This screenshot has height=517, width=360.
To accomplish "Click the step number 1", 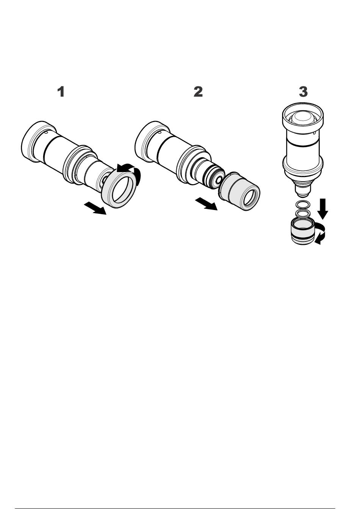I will click(61, 92).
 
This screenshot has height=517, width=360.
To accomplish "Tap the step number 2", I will click(198, 92).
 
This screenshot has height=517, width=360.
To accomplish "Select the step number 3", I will click(303, 92).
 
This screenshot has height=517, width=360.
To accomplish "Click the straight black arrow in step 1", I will click(95, 208).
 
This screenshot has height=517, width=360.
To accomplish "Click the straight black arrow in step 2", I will click(207, 204).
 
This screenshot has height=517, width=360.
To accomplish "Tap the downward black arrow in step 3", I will click(322, 208).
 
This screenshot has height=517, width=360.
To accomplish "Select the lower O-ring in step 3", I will click(302, 214).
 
